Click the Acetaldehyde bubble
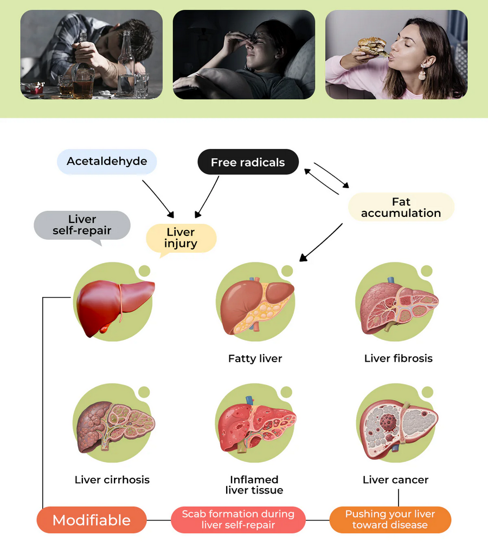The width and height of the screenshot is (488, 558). pyautogui.click(x=107, y=162)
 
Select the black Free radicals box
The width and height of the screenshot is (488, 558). pyautogui.click(x=248, y=162)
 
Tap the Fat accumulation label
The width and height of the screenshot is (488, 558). pyautogui.click(x=401, y=207)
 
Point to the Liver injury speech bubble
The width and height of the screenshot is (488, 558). pyautogui.click(x=181, y=238)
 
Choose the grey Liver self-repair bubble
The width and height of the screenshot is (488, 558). pyautogui.click(x=82, y=225)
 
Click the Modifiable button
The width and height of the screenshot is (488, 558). pyautogui.click(x=92, y=520)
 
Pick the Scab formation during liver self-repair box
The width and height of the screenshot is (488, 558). pyautogui.click(x=238, y=519)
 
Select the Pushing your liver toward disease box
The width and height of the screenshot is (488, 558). pyautogui.click(x=390, y=519)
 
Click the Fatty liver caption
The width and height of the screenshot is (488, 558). pyautogui.click(x=255, y=358)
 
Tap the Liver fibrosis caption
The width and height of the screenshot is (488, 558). pyautogui.click(x=399, y=358)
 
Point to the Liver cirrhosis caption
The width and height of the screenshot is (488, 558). pyautogui.click(x=112, y=480)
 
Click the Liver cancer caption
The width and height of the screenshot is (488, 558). pyautogui.click(x=396, y=480)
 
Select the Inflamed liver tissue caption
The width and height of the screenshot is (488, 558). pyautogui.click(x=254, y=485)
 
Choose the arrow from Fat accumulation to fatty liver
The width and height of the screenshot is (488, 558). pyautogui.click(x=321, y=242)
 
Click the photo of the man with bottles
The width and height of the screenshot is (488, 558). pyautogui.click(x=91, y=55)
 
